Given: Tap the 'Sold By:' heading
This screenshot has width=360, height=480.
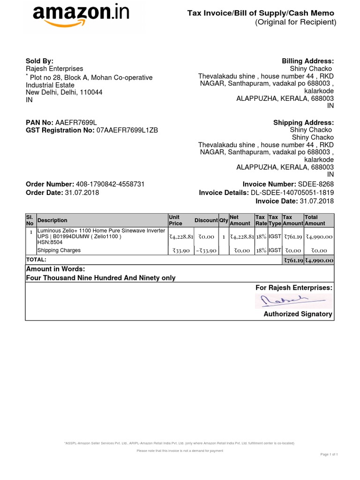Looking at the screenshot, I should click(39, 61).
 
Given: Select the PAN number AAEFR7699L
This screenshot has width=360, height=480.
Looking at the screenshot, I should click(76, 122).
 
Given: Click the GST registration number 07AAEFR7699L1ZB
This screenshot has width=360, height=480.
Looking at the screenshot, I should click(127, 130).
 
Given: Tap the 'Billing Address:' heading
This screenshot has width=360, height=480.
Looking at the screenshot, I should click(307, 61).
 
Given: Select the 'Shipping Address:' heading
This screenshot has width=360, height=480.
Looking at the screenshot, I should click(303, 122).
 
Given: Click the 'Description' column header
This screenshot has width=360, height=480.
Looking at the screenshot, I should click(52, 220).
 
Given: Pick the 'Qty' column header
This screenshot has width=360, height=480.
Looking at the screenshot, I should click(224, 220).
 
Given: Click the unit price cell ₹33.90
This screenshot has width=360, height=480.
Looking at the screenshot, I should click(180, 251).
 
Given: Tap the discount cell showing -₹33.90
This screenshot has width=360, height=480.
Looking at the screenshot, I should click(206, 251).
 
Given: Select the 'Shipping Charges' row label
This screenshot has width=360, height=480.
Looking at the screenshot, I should click(59, 250).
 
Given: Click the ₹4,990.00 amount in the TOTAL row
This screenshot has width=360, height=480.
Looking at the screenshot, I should click(319, 260).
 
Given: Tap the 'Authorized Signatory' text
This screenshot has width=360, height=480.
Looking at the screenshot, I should click(298, 314).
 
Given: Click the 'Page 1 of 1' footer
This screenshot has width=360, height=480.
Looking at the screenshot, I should click(329, 454).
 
